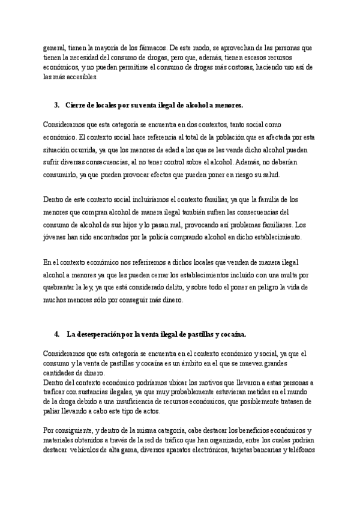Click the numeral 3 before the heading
click(x=56, y=105)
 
